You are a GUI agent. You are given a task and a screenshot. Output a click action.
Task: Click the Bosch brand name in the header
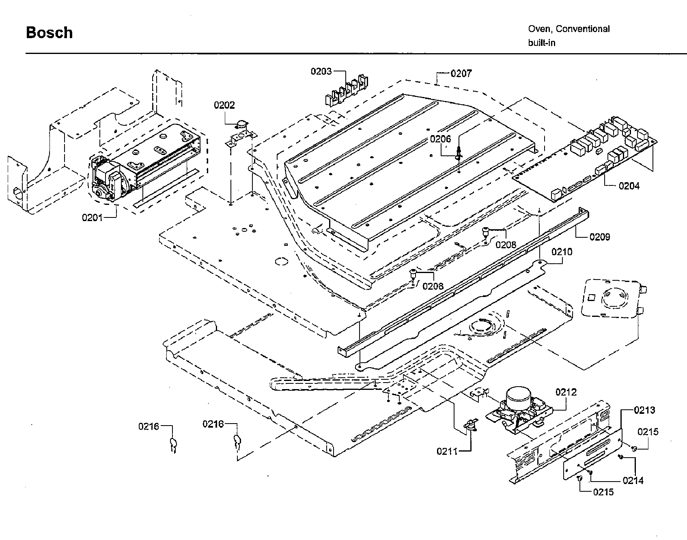(x=49, y=32)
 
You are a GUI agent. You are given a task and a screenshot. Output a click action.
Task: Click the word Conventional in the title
(x=582, y=29)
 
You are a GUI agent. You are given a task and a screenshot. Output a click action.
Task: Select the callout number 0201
(x=93, y=217)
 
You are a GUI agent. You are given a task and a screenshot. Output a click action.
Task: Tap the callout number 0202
(x=224, y=105)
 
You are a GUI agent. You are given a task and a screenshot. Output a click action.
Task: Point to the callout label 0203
(x=321, y=71)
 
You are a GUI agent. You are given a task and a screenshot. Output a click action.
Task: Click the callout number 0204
(x=629, y=186)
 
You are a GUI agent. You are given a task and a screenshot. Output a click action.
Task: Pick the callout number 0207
(x=461, y=73)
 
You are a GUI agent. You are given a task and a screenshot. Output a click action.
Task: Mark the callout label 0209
(x=600, y=237)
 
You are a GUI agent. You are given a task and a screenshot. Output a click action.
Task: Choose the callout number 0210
(x=562, y=252)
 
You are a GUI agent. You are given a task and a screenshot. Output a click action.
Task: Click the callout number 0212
(x=566, y=392)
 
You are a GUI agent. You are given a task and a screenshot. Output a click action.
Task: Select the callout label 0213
(x=644, y=410)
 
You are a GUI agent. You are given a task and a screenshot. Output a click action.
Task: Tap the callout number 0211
(x=447, y=451)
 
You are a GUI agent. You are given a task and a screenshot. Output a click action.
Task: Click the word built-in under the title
(x=541, y=43)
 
